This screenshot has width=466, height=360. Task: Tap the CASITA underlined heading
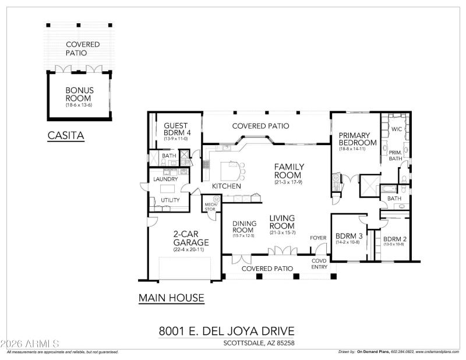(66, 136)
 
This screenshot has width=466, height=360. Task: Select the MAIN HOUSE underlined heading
(171, 298)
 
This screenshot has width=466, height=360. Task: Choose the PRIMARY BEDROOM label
(358, 139)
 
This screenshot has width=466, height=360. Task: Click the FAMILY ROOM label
(289, 171)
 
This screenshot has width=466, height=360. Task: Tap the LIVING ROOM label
(282, 222)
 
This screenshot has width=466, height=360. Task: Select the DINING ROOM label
(245, 227)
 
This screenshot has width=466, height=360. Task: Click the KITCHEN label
(227, 186)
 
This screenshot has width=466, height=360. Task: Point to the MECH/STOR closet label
(210, 206)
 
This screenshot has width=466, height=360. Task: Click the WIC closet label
(397, 129)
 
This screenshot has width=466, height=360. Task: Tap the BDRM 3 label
(349, 237)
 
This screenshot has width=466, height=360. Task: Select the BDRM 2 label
(394, 239)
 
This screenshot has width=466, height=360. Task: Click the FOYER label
(318, 238)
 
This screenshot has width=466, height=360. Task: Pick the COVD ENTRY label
(320, 263)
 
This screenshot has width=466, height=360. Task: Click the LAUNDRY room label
(166, 179)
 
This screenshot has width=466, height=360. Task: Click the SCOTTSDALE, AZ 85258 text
(259, 343)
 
